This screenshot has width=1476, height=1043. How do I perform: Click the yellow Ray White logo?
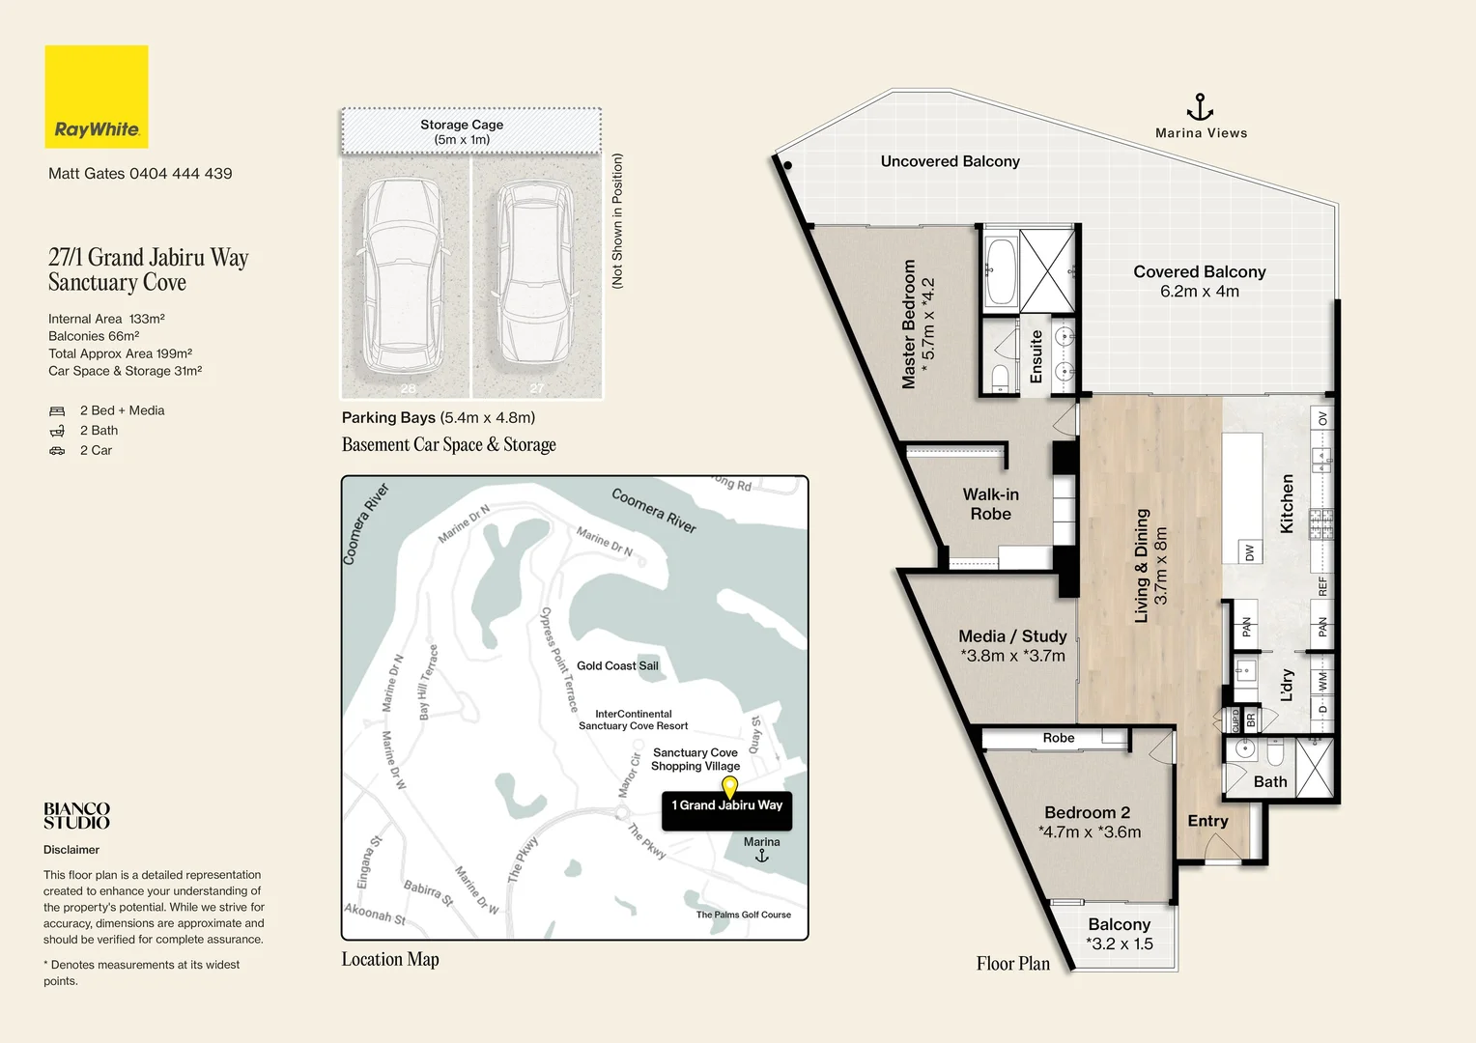click(97, 97)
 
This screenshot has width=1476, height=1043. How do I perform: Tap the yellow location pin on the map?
click(729, 787)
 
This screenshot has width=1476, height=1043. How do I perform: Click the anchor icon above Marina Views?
click(1200, 107)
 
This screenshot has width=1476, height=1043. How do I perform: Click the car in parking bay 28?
click(403, 275)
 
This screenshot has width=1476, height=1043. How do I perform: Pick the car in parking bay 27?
click(534, 275)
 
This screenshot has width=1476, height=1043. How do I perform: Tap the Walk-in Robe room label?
click(990, 504)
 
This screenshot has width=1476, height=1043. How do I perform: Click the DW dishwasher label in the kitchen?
click(1250, 552)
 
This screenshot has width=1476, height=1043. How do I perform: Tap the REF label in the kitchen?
click(1322, 586)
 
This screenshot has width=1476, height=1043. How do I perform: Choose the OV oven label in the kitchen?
click(1322, 418)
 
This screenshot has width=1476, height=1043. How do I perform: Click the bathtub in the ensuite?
click(1001, 272)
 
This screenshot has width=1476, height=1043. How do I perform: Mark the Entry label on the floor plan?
click(1207, 820)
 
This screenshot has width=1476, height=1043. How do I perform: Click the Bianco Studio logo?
click(76, 816)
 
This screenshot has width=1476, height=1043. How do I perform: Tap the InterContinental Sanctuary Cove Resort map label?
click(634, 719)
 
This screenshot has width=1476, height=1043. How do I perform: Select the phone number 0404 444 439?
click(181, 173)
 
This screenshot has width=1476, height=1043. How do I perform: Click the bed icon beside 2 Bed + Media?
click(57, 411)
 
